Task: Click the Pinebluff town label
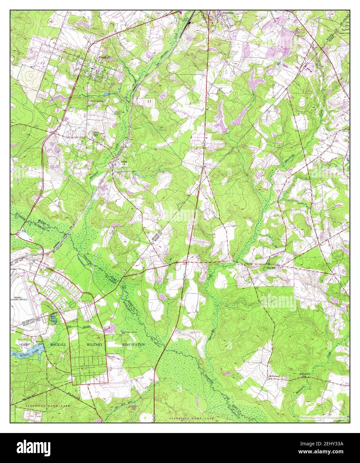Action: [x=104, y=57]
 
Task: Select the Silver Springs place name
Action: [x=97, y=101]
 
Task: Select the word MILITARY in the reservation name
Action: [x=95, y=344]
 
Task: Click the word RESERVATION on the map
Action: [x=133, y=344]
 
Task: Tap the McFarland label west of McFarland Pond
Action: [x=274, y=377]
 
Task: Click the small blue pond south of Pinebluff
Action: [x=118, y=88]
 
